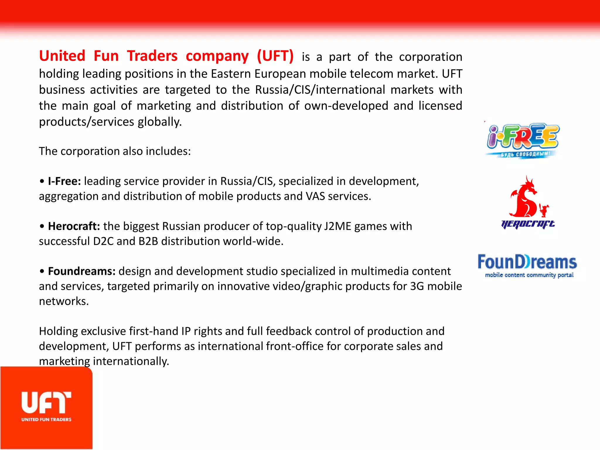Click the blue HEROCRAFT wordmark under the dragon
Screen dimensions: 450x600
pyautogui.click(x=528, y=224)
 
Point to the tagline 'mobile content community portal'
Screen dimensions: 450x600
pyautogui.click(x=529, y=275)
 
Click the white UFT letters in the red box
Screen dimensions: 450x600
pyautogui.click(x=46, y=403)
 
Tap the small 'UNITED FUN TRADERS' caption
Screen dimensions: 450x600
pyautogui.click(x=46, y=420)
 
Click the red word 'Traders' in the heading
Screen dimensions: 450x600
pyautogui.click(x=152, y=56)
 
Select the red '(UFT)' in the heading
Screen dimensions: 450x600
pyautogui.click(x=275, y=56)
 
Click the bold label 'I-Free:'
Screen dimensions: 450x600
pyautogui.click(x=64, y=181)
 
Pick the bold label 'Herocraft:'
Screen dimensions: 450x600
pyautogui.click(x=74, y=226)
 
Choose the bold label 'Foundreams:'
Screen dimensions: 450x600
pyautogui.click(x=82, y=271)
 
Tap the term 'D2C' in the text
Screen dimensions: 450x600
pyautogui.click(x=103, y=241)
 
